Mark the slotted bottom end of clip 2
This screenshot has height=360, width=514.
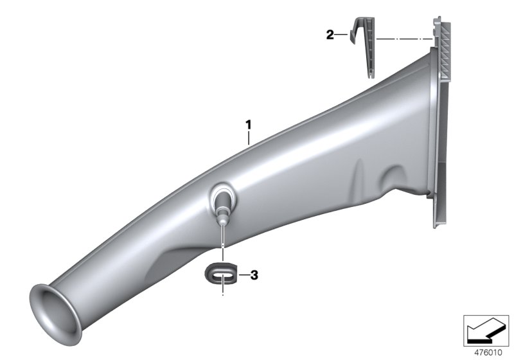(371, 72)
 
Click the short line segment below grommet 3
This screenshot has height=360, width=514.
(223, 292)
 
